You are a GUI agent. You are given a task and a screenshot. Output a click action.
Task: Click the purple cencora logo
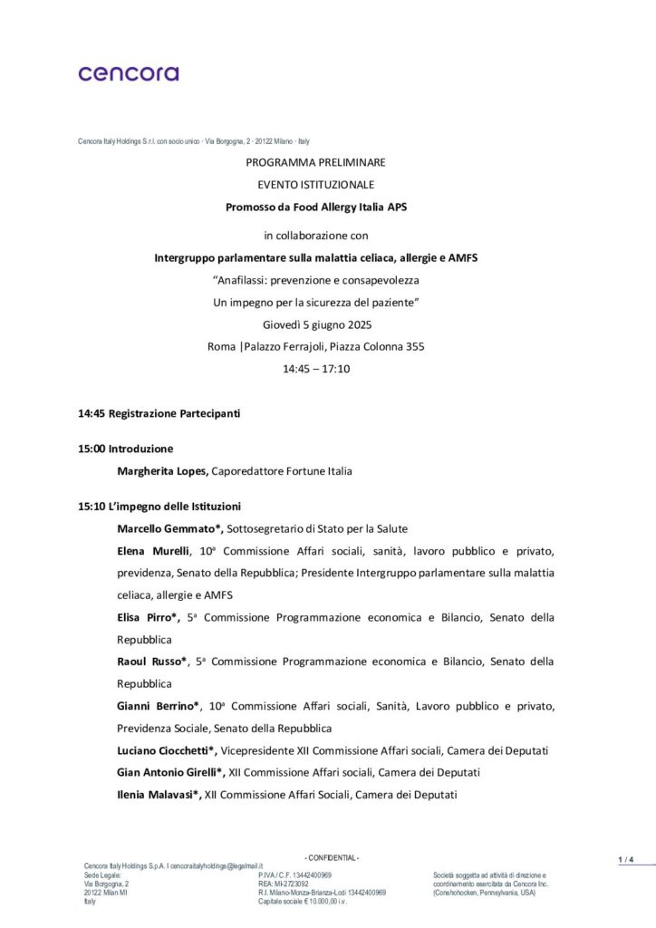[128, 73]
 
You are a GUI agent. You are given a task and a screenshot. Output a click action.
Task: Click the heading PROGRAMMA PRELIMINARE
[315, 162]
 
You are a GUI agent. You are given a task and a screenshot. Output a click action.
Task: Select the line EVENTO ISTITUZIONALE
[315, 185]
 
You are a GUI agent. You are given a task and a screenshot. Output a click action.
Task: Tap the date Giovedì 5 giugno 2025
[315, 324]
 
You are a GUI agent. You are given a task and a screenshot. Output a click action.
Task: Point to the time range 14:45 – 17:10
[316, 369]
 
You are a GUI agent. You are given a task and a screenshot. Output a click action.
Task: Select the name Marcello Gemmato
[168, 528]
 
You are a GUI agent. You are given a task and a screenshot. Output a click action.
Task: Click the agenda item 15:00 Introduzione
[125, 449]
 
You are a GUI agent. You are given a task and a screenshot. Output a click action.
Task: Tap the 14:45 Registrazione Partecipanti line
[159, 414]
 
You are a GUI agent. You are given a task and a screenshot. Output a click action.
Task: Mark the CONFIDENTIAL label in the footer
[332, 857]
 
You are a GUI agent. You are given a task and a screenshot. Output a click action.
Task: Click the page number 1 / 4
[626, 859]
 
